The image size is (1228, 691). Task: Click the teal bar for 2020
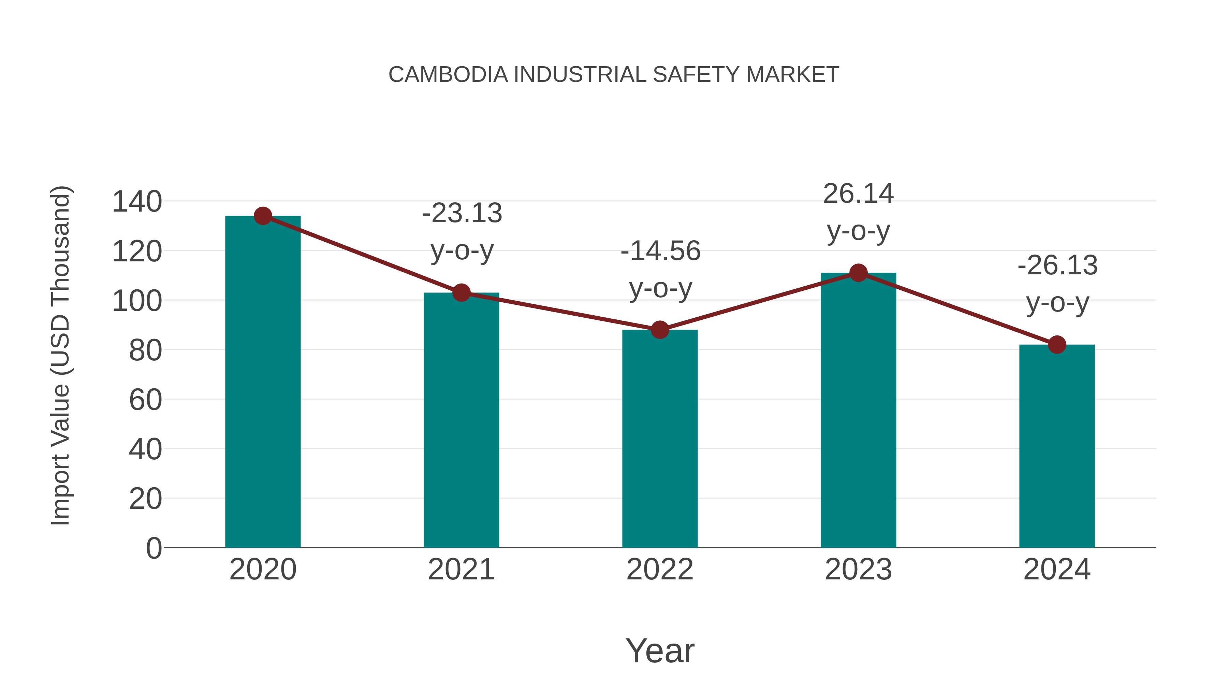click(x=263, y=382)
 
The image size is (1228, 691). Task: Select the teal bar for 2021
click(x=461, y=420)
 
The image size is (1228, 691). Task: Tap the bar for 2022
click(x=660, y=439)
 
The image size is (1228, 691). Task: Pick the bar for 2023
click(x=858, y=410)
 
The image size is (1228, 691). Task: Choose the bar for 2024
click(x=1057, y=446)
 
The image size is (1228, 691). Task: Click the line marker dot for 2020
click(x=263, y=216)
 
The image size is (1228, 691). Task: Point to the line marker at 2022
click(x=660, y=330)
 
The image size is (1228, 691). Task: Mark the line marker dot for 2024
click(x=1057, y=344)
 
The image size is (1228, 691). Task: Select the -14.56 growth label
click(x=660, y=270)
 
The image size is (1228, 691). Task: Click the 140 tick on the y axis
click(x=137, y=201)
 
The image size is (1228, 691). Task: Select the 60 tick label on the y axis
click(x=145, y=400)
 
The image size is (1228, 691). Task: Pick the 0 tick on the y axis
click(x=153, y=548)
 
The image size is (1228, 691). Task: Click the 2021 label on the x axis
click(x=461, y=570)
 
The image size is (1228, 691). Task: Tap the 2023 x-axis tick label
click(x=858, y=570)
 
